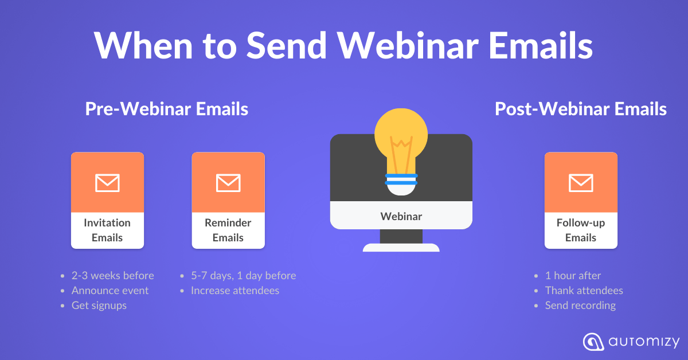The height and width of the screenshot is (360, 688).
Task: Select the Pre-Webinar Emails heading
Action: pos(167,109)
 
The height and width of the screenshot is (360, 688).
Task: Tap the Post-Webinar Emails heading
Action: pos(581,109)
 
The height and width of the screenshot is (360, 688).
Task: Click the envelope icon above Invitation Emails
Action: pos(107,183)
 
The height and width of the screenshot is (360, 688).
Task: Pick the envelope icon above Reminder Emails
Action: pos(228,183)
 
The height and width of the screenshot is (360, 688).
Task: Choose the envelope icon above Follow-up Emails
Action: pos(581,183)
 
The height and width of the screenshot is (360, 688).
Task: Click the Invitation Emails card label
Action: pos(107,230)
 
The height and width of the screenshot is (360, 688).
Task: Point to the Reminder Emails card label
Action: pos(228,230)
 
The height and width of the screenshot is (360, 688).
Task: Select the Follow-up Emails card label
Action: pos(581,230)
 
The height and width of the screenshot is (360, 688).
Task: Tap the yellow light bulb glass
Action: pos(401,138)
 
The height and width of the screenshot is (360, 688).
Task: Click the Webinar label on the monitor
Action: pos(401,216)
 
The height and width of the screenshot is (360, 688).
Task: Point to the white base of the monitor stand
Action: pos(401,248)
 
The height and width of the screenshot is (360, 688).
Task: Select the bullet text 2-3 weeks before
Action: pos(112,276)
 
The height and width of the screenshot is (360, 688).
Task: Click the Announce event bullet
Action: pos(110,291)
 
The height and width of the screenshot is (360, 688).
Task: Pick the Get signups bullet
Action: pos(99,306)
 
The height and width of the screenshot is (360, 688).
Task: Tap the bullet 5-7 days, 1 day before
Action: pos(243,276)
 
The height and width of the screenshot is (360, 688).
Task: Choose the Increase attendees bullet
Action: pos(235,291)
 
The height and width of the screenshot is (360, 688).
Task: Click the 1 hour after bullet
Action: pos(573,276)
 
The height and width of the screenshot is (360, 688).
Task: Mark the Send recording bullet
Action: pos(580,306)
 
